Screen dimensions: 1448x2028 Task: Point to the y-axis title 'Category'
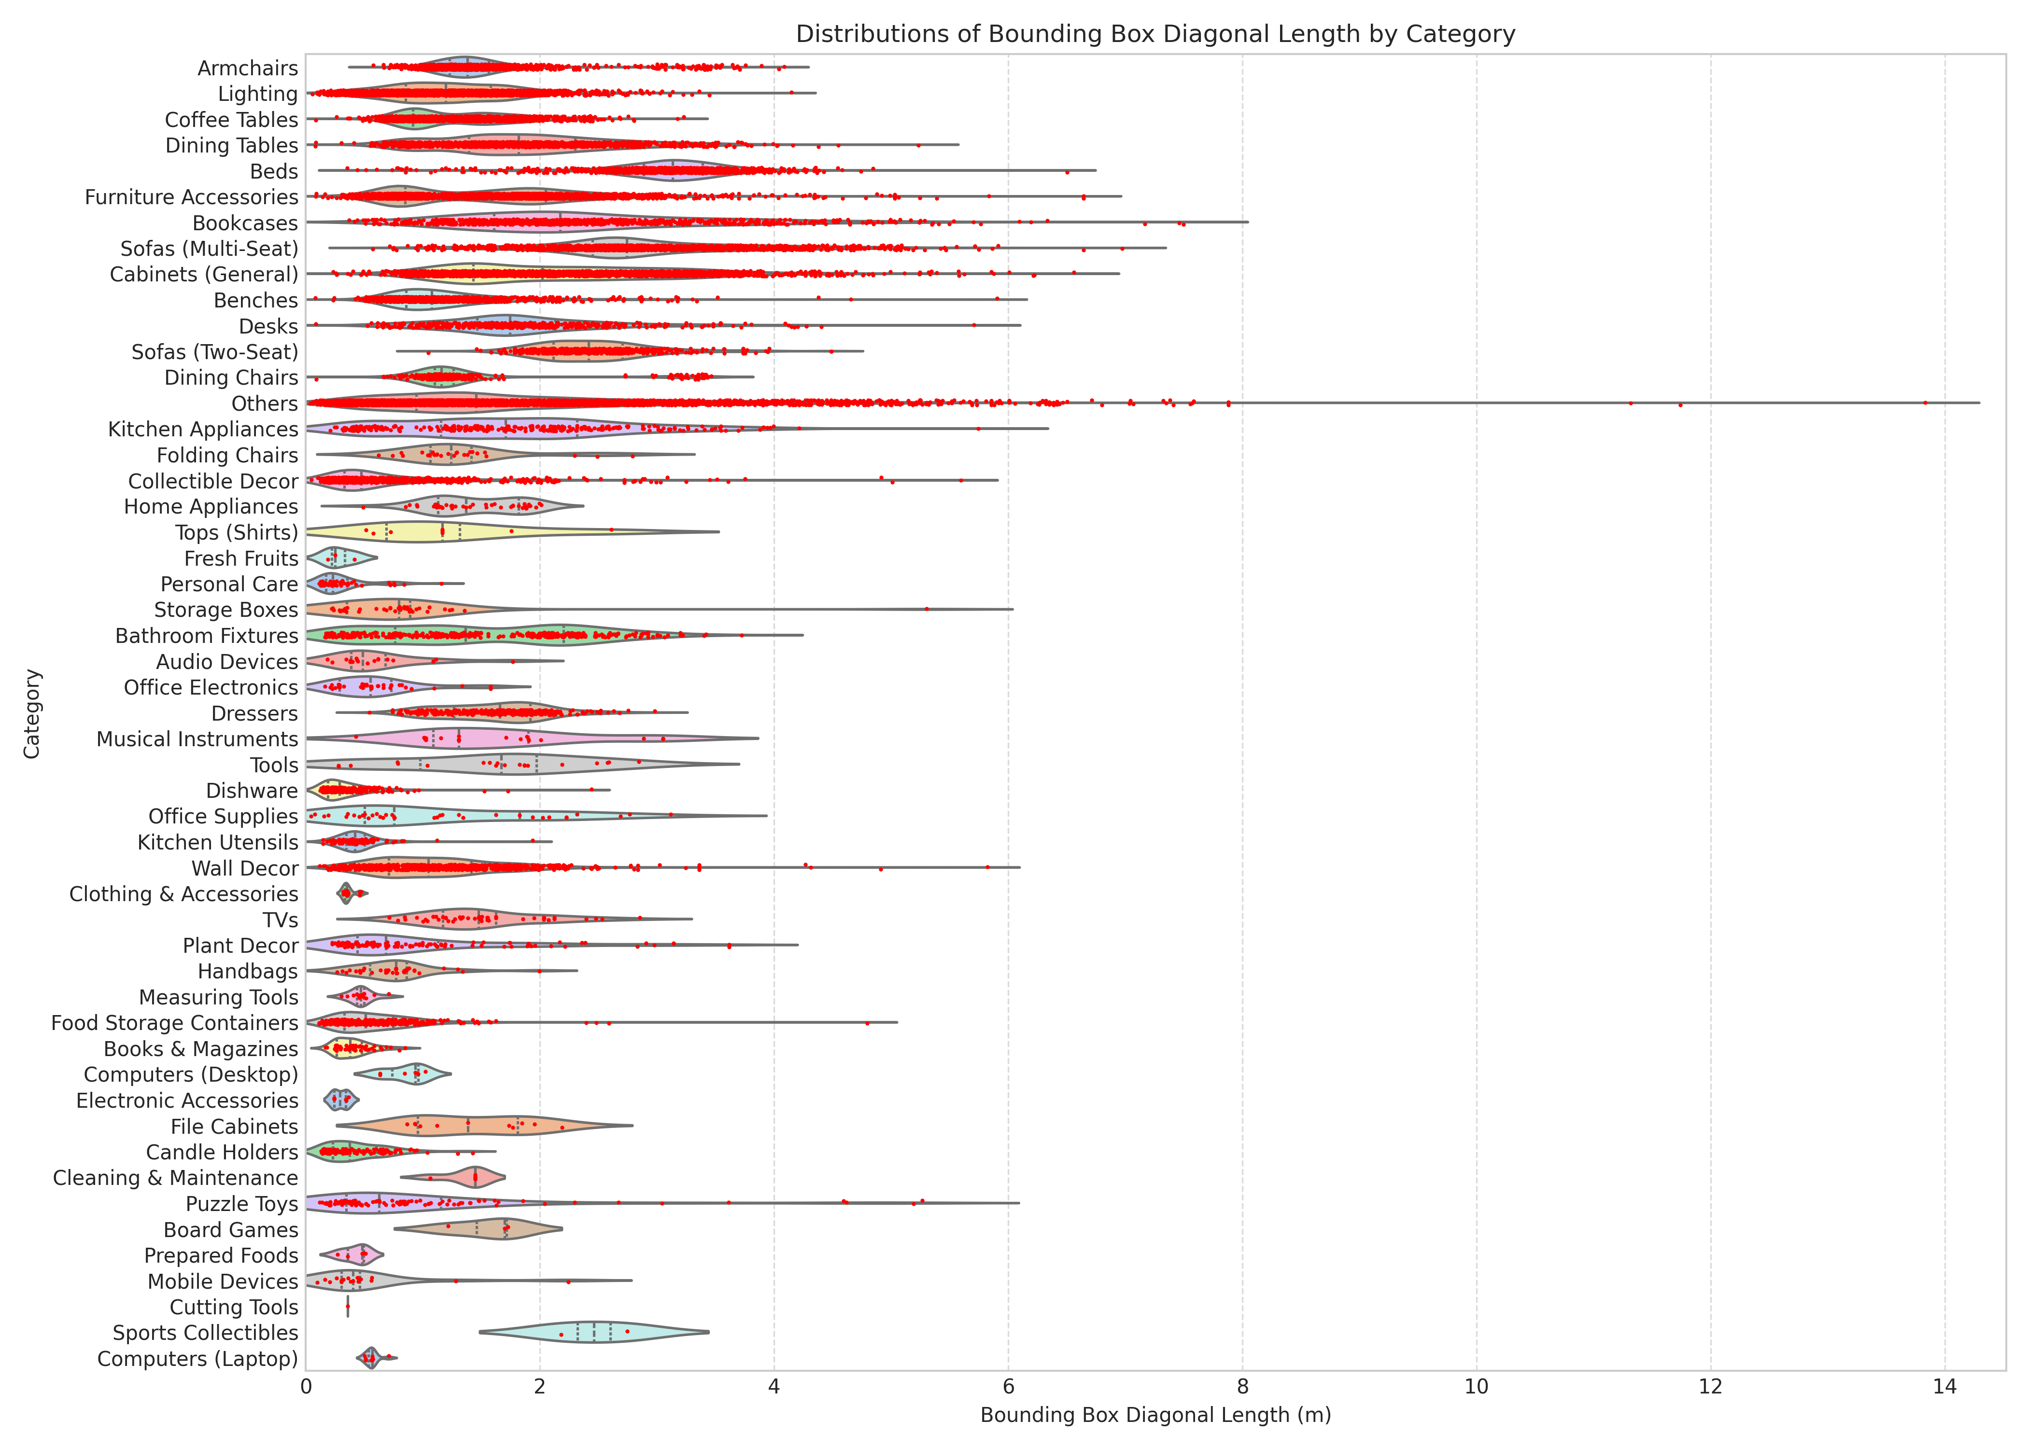(32, 713)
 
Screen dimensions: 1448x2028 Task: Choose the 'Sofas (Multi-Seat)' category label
(210, 249)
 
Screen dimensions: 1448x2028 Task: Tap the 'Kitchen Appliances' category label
(203, 430)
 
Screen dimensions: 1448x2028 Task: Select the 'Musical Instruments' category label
(197, 739)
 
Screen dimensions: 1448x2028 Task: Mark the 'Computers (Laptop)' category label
(198, 1359)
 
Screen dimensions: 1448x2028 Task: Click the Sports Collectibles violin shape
(593, 1332)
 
